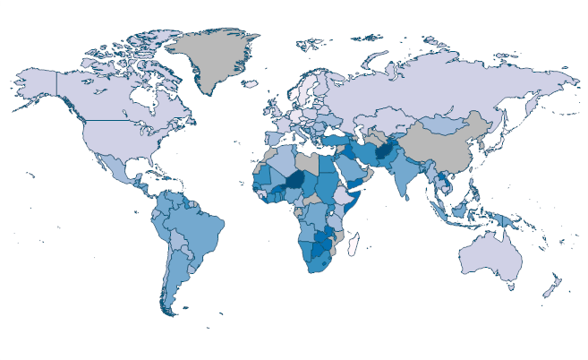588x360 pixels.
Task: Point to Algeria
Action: tap(278, 160)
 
